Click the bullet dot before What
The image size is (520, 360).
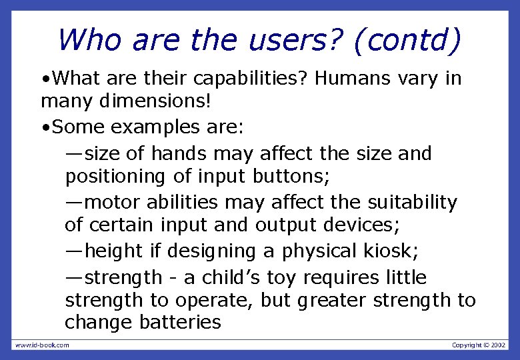click(44, 79)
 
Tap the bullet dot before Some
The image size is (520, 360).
click(44, 127)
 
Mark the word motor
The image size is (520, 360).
click(112, 201)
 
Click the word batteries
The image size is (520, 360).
click(180, 323)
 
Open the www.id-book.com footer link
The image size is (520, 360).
click(42, 345)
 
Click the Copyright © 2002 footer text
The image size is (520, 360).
click(479, 345)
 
